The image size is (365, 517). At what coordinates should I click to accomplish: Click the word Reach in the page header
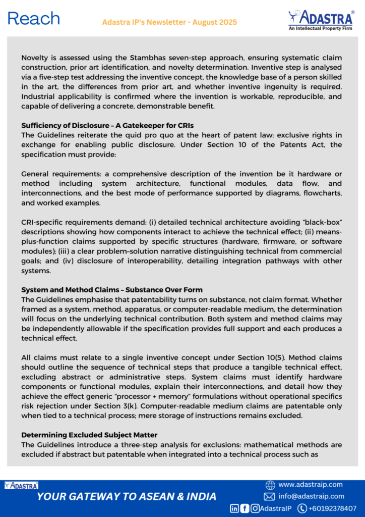tap(34, 19)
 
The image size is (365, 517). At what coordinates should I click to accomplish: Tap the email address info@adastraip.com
tap(311, 496)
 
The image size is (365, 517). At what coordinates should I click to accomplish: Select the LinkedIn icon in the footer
tap(234, 508)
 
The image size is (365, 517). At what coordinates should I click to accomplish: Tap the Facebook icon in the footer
tap(245, 508)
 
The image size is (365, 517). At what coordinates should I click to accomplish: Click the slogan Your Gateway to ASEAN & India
tap(127, 496)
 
